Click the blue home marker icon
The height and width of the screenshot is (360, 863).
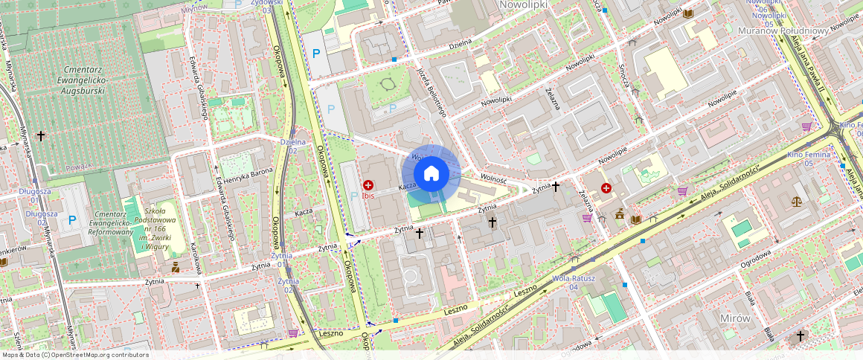(431, 174)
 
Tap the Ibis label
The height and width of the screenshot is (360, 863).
(368, 196)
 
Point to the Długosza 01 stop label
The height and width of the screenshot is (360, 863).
(36, 196)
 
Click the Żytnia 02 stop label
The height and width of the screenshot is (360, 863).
(288, 285)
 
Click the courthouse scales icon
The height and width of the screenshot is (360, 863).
(798, 200)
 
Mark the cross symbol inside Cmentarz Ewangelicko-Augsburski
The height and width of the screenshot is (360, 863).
(41, 135)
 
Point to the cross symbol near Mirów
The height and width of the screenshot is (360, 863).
(801, 336)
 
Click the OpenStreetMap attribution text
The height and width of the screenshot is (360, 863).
(74, 355)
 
